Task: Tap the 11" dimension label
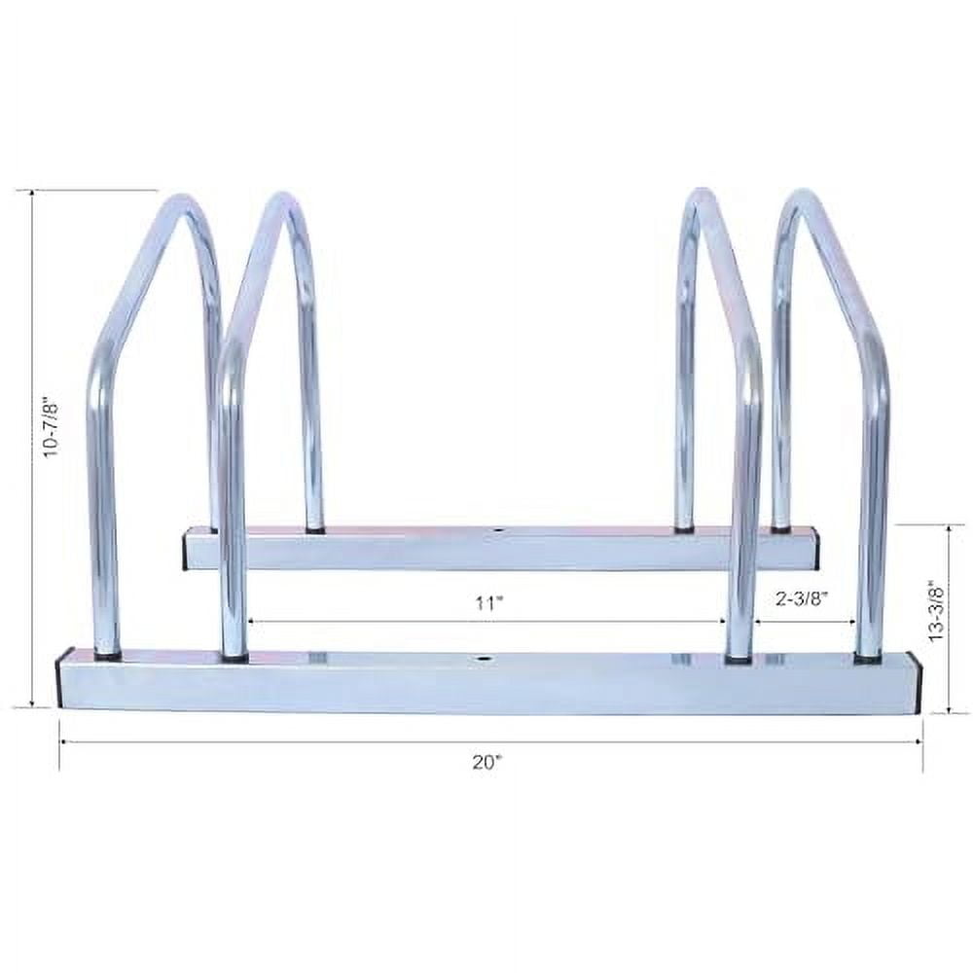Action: pos(489,602)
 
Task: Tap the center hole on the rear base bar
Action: pos(498,531)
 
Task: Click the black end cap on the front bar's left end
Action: pos(62,681)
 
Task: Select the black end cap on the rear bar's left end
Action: pos(186,549)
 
